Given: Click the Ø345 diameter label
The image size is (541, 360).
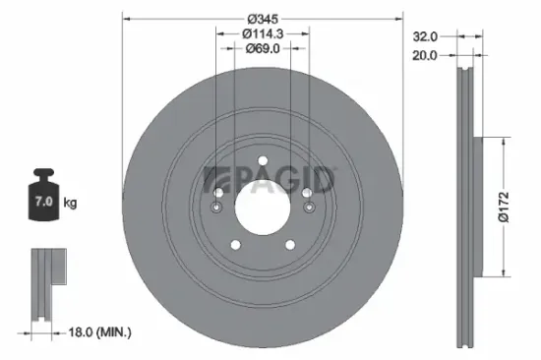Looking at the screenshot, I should [261, 20].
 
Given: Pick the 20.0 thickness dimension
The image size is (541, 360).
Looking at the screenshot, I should [426, 56].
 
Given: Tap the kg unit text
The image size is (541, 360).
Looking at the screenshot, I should [71, 203].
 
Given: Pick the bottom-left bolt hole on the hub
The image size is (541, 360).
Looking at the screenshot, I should [234, 246].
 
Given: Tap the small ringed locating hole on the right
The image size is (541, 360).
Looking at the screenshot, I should [309, 208].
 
